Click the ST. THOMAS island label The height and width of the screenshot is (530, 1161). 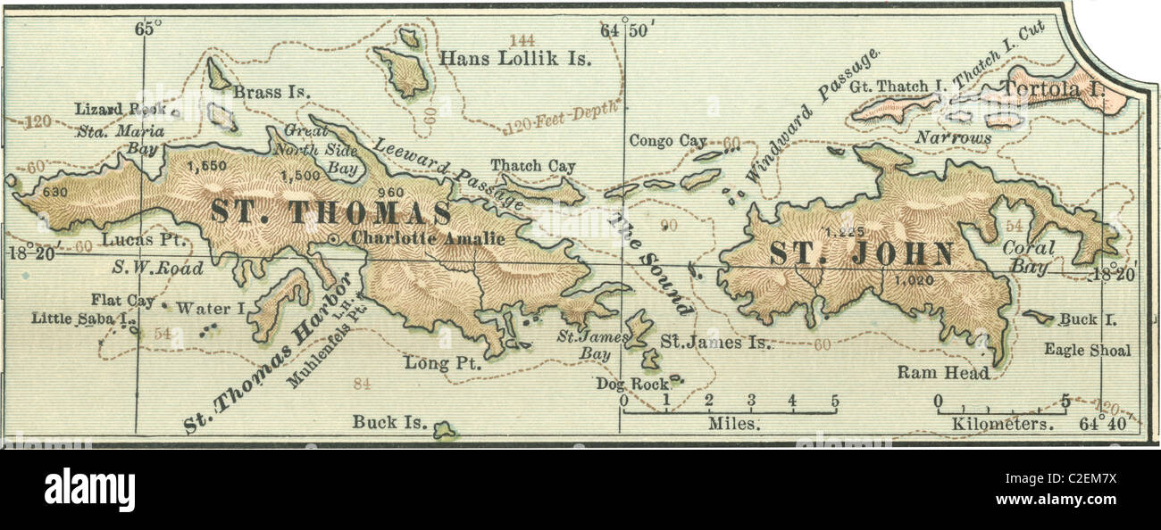tap(330, 213)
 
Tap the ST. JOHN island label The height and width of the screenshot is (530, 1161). tap(862, 253)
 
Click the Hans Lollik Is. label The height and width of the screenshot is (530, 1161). tap(516, 59)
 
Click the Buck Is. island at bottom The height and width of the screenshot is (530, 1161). tap(443, 431)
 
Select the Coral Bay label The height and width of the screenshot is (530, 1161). tap(1028, 257)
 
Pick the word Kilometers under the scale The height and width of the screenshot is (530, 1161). tap(1003, 424)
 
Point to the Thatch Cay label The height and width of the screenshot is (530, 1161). tap(532, 166)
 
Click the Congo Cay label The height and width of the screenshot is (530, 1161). tap(667, 140)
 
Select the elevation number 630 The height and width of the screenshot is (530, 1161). tap(55, 191)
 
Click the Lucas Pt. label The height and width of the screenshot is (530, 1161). tap(129, 239)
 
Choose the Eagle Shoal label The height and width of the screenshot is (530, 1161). tap(1087, 350)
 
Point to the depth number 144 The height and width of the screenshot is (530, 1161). tap(522, 39)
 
